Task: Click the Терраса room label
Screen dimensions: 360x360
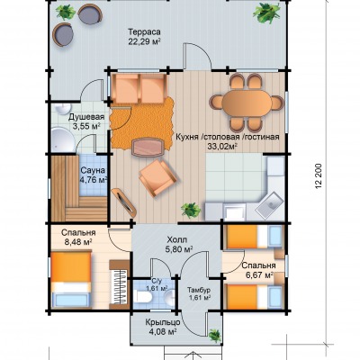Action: tap(144, 31)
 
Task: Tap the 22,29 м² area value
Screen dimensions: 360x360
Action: tap(144, 41)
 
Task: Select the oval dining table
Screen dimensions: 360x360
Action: tap(247, 103)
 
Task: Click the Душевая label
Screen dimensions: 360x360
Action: tap(86, 117)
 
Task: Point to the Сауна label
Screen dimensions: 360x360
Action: tap(93, 171)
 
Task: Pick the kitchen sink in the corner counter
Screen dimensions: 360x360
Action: tap(269, 204)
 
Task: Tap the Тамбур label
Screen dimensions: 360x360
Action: tap(199, 290)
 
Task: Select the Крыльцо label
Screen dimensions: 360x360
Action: tap(163, 322)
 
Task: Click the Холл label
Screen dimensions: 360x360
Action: tap(177, 240)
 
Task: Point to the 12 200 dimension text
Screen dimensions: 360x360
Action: tap(319, 176)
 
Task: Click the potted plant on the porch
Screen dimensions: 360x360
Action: tap(215, 335)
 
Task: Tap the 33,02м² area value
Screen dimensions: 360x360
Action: tap(222, 146)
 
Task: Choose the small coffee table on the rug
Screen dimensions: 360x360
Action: tap(148, 147)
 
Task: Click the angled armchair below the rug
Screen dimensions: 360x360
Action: tap(159, 178)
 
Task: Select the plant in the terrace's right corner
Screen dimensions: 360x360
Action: tap(266, 13)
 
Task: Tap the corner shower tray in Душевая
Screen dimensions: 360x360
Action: tap(62, 139)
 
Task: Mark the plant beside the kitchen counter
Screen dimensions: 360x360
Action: tap(191, 210)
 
